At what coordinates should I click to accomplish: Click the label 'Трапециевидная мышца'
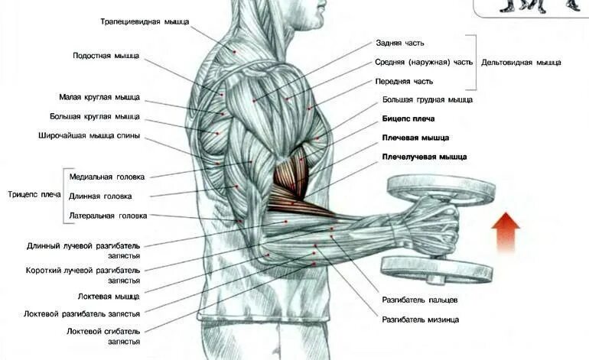click(x=145, y=21)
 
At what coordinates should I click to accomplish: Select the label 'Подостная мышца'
click(x=106, y=56)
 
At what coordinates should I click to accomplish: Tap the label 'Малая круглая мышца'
click(x=99, y=97)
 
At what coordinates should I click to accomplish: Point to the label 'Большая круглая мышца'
click(x=95, y=116)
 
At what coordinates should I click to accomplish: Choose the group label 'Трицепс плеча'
click(x=34, y=195)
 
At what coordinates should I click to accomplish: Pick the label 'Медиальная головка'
click(x=106, y=177)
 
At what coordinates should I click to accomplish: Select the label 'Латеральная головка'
click(x=108, y=216)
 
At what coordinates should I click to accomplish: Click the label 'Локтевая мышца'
click(x=109, y=296)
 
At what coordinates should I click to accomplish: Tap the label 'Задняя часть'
click(x=399, y=43)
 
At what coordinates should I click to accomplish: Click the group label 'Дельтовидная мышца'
click(x=521, y=62)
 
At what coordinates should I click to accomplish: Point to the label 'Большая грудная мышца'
click(x=428, y=99)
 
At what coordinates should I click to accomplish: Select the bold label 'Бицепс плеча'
click(x=408, y=118)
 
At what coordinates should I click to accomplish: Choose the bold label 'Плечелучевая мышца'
click(x=425, y=157)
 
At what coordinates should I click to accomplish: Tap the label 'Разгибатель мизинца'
click(x=421, y=319)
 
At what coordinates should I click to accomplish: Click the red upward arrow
click(x=506, y=232)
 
